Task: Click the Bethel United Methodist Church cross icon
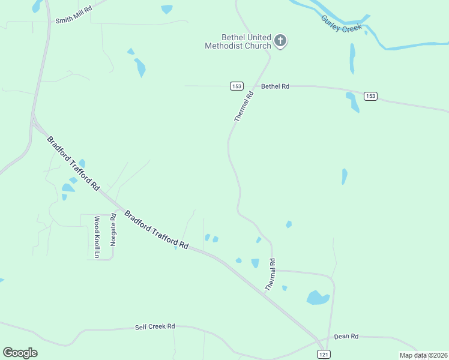click(x=280, y=41)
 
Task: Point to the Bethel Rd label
click(x=275, y=86)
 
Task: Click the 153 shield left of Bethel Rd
click(x=237, y=86)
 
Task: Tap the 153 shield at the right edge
click(x=370, y=96)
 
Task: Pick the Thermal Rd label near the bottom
click(x=270, y=275)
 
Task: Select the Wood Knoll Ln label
click(x=96, y=237)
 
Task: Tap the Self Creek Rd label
click(x=155, y=326)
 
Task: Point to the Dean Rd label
click(x=346, y=337)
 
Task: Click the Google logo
click(x=20, y=353)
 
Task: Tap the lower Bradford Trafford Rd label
click(x=156, y=230)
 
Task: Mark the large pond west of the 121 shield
click(x=317, y=297)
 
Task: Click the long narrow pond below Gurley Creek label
click(x=352, y=58)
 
